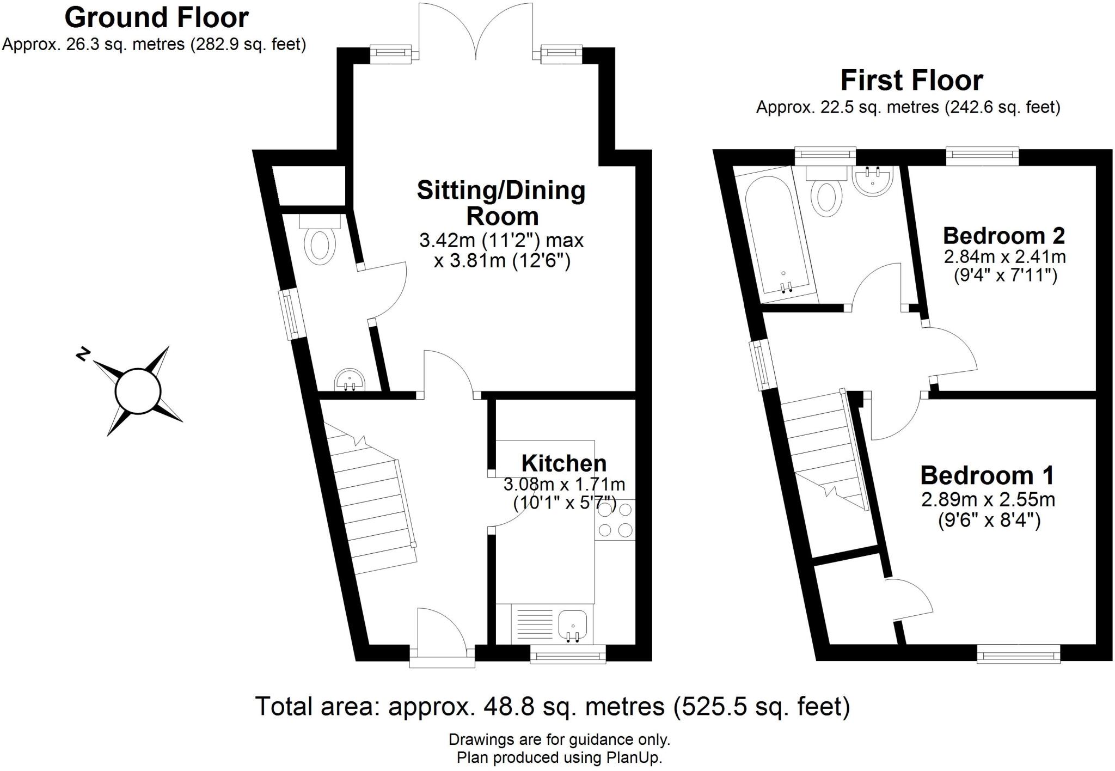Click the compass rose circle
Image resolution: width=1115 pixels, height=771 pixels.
[x=138, y=391]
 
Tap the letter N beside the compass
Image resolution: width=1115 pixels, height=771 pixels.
[x=83, y=354]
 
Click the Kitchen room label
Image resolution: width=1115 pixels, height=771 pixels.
[x=564, y=463]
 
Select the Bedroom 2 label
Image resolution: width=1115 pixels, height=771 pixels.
[x=1004, y=235]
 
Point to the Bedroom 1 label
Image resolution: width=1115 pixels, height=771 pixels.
[x=987, y=475]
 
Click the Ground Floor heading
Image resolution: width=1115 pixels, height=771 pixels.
[x=157, y=17]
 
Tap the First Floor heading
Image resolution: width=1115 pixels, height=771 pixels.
[x=912, y=81]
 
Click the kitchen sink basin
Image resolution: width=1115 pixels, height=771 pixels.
[x=572, y=624]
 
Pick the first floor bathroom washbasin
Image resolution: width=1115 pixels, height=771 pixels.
[x=873, y=181]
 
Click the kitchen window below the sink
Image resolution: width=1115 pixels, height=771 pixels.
[x=568, y=654]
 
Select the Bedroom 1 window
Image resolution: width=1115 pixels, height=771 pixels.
[x=1019, y=653]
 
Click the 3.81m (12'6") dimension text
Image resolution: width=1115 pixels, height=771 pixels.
[x=502, y=262]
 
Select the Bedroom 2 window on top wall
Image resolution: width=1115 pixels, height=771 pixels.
[x=982, y=156]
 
